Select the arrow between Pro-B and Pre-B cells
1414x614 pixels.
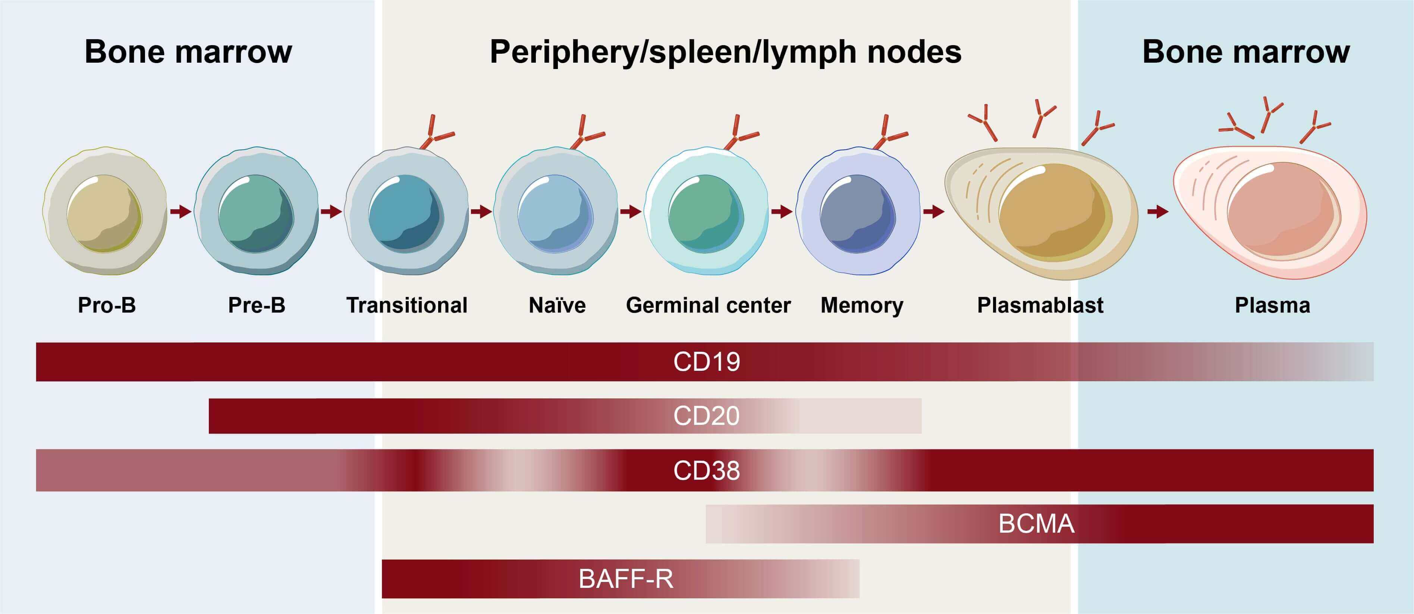coord(180,212)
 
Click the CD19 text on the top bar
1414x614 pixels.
coord(707,362)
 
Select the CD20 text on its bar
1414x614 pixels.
coord(707,416)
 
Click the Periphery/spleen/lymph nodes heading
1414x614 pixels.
coord(725,52)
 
